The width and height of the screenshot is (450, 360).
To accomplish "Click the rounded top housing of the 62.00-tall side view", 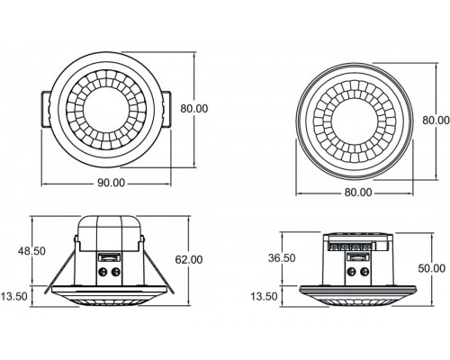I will point(109,229).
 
